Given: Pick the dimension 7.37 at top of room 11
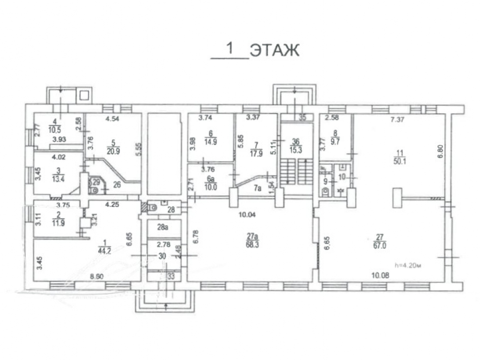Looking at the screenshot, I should (396, 120).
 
